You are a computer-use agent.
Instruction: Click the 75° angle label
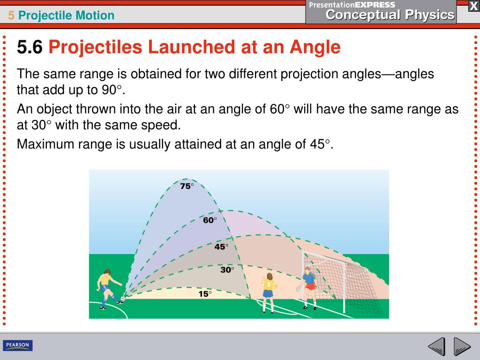click(187, 186)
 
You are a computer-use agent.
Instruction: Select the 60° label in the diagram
click(210, 220)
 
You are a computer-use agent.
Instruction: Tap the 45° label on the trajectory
click(221, 247)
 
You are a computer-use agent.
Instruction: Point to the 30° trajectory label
click(227, 270)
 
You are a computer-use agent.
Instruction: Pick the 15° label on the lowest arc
click(205, 294)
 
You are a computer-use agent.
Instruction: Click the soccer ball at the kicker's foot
click(123, 299)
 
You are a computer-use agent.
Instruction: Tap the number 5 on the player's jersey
click(268, 284)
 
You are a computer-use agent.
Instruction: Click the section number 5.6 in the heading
click(30, 47)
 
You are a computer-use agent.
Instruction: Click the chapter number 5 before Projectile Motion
click(11, 15)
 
